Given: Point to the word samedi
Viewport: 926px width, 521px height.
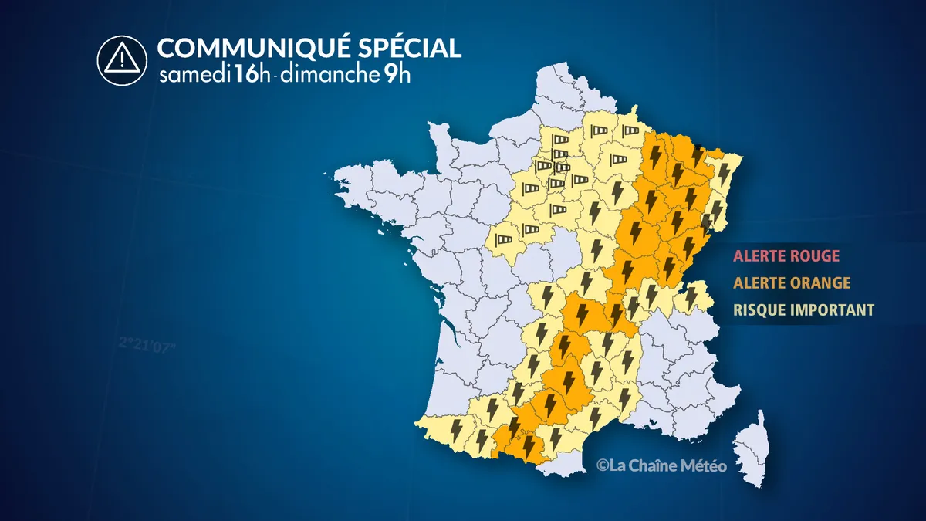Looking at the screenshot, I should (190, 76).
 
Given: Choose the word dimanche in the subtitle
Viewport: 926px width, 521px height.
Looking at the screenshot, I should (327, 76).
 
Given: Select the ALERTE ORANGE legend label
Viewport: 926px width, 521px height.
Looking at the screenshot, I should (792, 282).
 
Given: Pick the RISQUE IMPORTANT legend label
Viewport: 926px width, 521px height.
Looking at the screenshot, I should (803, 310).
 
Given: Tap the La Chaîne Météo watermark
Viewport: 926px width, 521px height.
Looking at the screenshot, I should (661, 465).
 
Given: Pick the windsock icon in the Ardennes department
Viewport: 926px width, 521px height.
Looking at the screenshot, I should (631, 131).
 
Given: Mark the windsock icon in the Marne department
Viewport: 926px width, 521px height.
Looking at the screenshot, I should (620, 160).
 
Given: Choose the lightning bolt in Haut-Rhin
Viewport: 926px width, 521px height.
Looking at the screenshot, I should (717, 208).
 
